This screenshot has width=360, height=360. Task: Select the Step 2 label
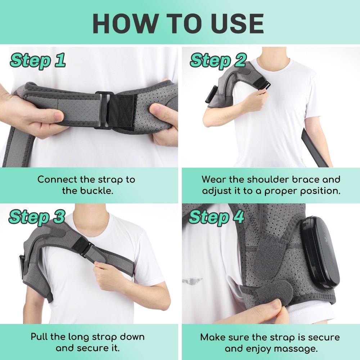click(x=217, y=60)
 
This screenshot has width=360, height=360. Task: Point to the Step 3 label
click(x=37, y=217)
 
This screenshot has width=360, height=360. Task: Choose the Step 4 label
click(x=216, y=217)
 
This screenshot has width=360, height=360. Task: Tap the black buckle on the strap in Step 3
click(x=88, y=249)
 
